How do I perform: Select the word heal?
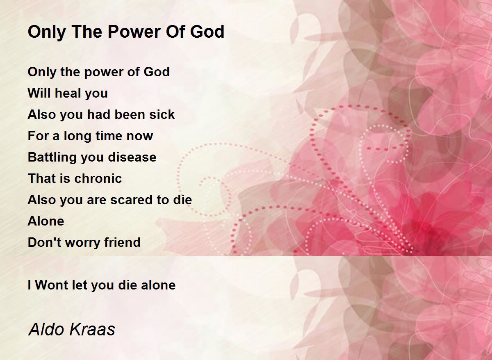tap(67, 93)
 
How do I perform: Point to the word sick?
tap(162, 114)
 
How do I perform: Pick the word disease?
tap(132, 157)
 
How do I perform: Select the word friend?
tap(122, 242)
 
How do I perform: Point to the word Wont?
tap(51, 285)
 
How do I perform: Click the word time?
tap(109, 136)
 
